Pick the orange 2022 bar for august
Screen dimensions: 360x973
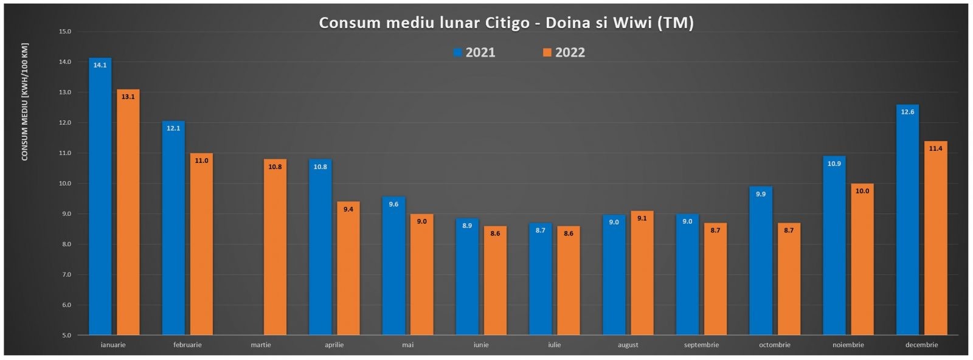point(642,274)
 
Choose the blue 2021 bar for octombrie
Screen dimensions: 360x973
point(760,261)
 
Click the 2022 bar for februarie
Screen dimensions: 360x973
point(201,243)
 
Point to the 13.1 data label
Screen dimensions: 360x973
point(128,97)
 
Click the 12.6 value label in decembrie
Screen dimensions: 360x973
point(907,112)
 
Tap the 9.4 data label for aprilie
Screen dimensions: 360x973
point(348,209)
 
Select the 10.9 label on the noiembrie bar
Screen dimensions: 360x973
point(834,164)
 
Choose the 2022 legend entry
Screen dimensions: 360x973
point(564,52)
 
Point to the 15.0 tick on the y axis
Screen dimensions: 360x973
point(64,32)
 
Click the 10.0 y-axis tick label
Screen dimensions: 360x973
point(64,184)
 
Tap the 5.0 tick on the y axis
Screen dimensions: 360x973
point(66,335)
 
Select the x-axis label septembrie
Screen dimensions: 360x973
point(701,345)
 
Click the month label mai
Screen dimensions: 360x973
point(407,345)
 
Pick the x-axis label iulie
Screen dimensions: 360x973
point(554,345)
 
